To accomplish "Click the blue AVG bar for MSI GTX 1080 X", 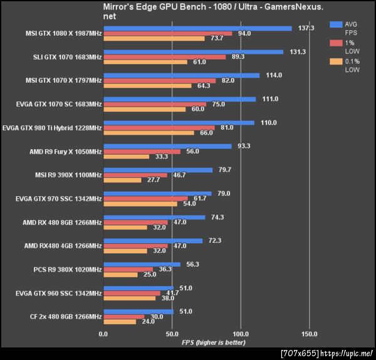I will point(197,28).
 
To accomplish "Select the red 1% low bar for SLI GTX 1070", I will point(164,57).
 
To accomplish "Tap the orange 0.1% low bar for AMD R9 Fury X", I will point(126,156).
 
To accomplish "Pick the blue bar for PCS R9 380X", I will point(142,265).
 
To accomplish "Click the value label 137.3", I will point(306,28).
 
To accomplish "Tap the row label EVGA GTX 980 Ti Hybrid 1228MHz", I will point(52,129).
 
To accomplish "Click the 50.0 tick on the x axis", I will point(172,334).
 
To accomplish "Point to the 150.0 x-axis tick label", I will point(309,334).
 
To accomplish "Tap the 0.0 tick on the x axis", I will point(103,334).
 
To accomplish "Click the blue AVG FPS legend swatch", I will point(336,24).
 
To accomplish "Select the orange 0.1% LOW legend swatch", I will point(336,61).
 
